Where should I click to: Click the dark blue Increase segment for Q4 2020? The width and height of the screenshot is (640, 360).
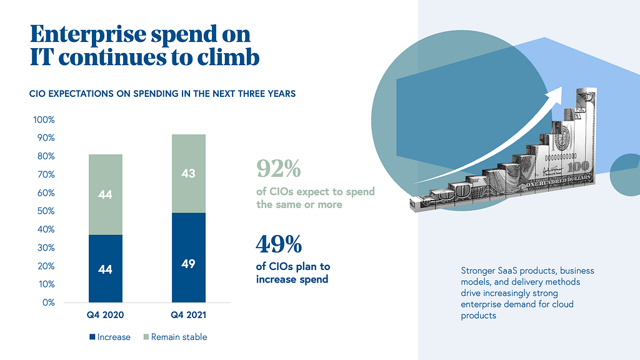(105, 269)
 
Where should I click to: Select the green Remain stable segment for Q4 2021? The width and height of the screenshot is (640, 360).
(189, 174)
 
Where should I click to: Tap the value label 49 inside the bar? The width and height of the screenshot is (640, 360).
(188, 264)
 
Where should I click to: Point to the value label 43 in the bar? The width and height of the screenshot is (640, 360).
(188, 174)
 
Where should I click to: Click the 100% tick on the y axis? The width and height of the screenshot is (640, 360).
(44, 119)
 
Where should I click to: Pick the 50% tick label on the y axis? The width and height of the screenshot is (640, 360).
(46, 211)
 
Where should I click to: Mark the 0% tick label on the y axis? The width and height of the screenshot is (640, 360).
(48, 302)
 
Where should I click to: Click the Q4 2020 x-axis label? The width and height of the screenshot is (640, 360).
(105, 315)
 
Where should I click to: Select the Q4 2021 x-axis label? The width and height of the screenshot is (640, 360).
(189, 315)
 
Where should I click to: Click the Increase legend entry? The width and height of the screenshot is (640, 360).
(110, 337)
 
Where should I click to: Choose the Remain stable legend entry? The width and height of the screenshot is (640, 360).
(175, 337)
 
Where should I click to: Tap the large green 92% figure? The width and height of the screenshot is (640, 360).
(278, 168)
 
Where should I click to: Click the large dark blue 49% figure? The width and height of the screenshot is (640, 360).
(279, 244)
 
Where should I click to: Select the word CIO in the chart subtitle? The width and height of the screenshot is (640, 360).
(37, 94)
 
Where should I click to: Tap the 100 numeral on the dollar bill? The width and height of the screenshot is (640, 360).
(578, 166)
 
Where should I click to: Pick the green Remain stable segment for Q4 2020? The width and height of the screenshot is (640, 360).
(105, 194)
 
